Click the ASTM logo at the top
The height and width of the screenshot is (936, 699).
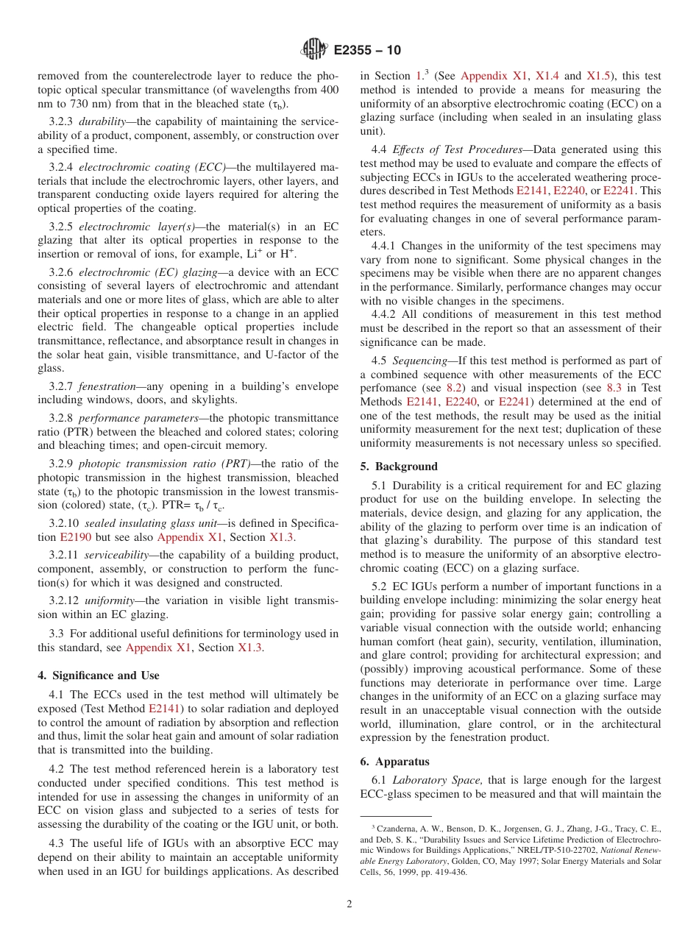click(x=315, y=50)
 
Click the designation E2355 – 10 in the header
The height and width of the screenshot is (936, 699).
click(x=367, y=51)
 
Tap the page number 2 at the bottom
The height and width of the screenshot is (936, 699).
click(x=349, y=904)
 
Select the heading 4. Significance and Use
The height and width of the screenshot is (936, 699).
click(x=99, y=676)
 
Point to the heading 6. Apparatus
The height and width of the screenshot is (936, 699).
click(x=395, y=762)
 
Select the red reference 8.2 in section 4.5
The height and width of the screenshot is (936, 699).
click(x=455, y=388)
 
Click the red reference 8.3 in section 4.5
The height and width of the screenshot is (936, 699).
click(x=614, y=388)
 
